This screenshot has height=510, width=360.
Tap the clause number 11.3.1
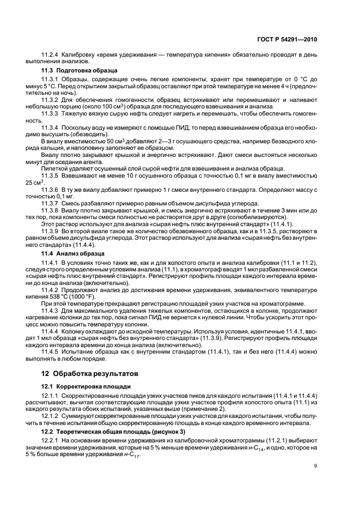(51, 80)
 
